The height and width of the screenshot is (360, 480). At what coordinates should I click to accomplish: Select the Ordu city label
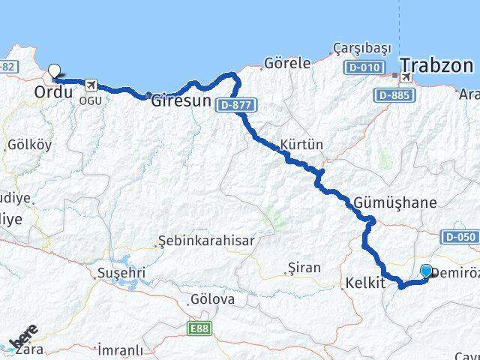click(54, 92)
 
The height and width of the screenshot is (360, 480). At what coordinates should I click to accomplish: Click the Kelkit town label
click(365, 283)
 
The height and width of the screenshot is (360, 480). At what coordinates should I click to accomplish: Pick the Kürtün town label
click(300, 143)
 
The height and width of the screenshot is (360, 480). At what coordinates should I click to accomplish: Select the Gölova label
click(212, 300)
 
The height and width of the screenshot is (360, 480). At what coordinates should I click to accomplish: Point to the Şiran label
click(304, 268)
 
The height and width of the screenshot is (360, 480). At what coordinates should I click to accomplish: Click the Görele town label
click(287, 64)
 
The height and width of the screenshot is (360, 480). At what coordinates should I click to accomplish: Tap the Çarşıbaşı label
click(362, 48)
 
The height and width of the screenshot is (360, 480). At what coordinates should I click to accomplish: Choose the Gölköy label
click(29, 145)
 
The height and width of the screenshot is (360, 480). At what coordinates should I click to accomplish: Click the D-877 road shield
click(235, 106)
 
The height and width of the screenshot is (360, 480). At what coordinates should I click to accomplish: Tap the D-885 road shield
click(391, 94)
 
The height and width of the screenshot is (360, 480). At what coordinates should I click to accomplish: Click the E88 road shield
click(199, 328)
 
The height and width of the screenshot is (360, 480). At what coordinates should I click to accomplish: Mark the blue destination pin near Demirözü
click(427, 271)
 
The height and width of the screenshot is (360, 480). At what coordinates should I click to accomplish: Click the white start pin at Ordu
click(54, 72)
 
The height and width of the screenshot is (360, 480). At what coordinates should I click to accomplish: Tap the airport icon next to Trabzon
click(406, 77)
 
